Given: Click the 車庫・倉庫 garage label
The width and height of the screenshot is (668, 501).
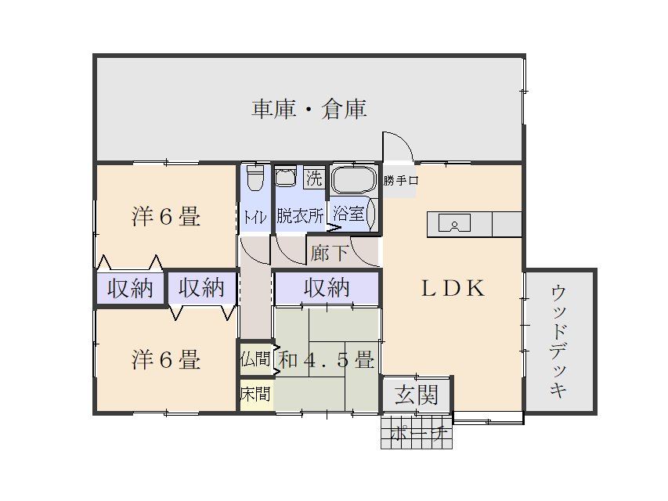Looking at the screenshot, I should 309,109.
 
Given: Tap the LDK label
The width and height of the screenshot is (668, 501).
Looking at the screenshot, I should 453,287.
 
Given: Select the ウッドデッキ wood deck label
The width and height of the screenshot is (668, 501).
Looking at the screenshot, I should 558,341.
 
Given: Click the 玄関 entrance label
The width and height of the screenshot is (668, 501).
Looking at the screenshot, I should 415,395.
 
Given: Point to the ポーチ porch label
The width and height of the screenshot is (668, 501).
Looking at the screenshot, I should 417,433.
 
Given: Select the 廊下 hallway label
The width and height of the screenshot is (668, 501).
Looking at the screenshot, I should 329,253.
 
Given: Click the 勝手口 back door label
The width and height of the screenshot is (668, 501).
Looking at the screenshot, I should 401,181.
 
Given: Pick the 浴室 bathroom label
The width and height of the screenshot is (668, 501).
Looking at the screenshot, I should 348,214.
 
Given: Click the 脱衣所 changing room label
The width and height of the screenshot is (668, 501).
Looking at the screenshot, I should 299,215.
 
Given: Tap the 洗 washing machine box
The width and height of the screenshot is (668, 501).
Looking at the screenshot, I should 313,178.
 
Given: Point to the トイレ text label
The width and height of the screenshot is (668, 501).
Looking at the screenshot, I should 255,216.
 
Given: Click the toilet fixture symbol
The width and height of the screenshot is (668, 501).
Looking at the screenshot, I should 255,180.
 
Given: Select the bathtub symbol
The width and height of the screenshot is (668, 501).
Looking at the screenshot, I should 354,180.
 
